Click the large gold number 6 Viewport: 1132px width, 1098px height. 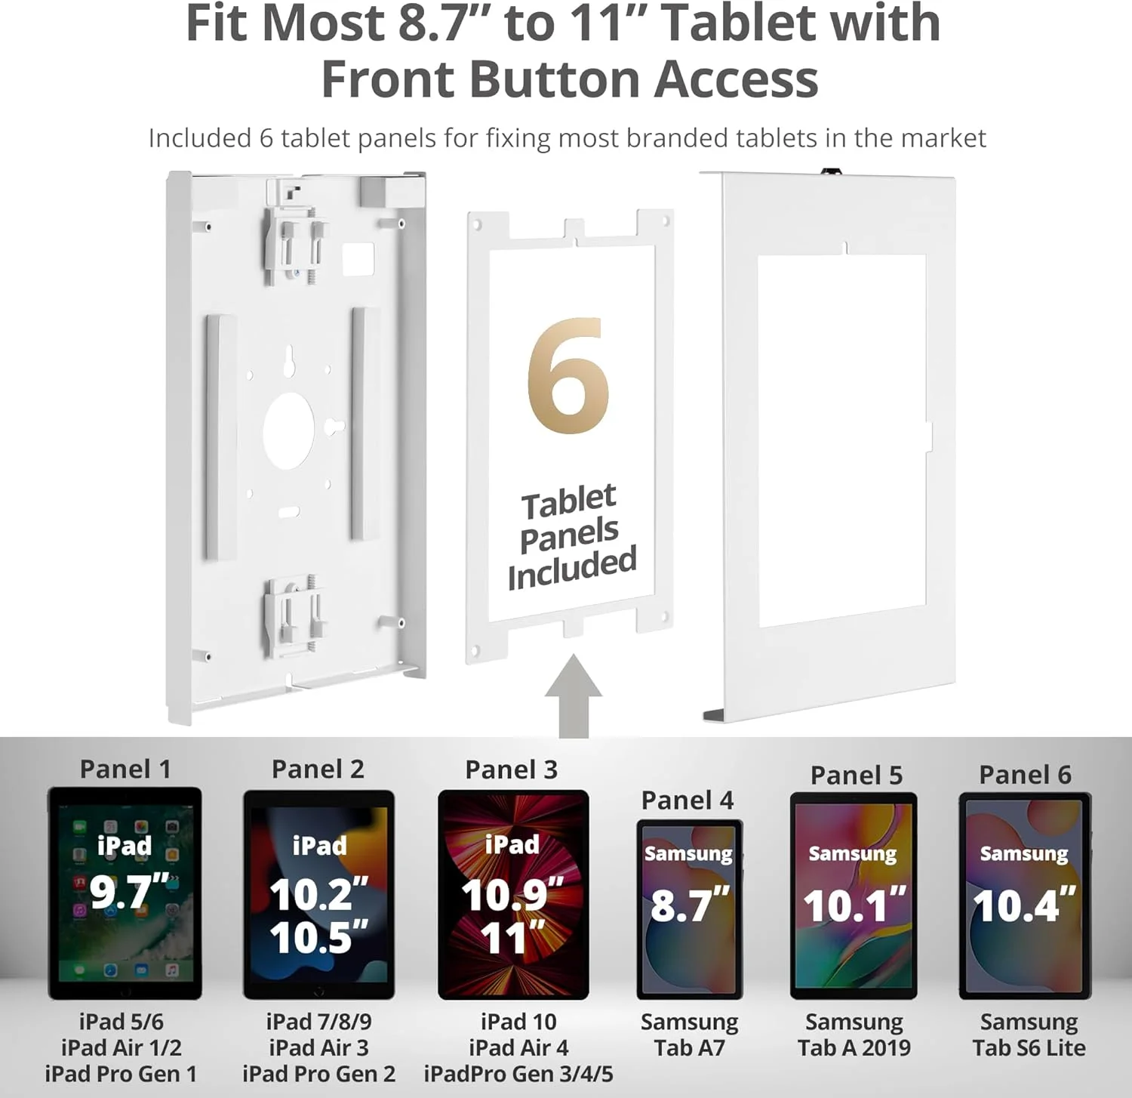568,375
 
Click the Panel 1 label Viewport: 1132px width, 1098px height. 125,769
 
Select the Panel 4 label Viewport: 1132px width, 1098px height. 688,800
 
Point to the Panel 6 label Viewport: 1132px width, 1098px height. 1025,774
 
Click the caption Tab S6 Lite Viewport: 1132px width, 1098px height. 1029,1047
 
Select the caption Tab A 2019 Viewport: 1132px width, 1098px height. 854,1047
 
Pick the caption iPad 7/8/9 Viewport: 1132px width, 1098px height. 318,1022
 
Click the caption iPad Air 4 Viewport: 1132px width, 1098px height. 518,1047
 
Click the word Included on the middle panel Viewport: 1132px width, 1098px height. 572,568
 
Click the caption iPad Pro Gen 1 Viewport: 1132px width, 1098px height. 121,1073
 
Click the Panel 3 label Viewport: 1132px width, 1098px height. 511,769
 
